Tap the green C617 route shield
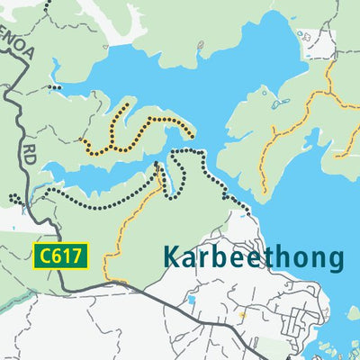coord(62,256)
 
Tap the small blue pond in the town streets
coord(192,300)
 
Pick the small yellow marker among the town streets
coord(242,315)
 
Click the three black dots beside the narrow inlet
coord(56,87)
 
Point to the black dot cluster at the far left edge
coord(14,198)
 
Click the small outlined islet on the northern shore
coord(302,36)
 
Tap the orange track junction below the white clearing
coord(329,90)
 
